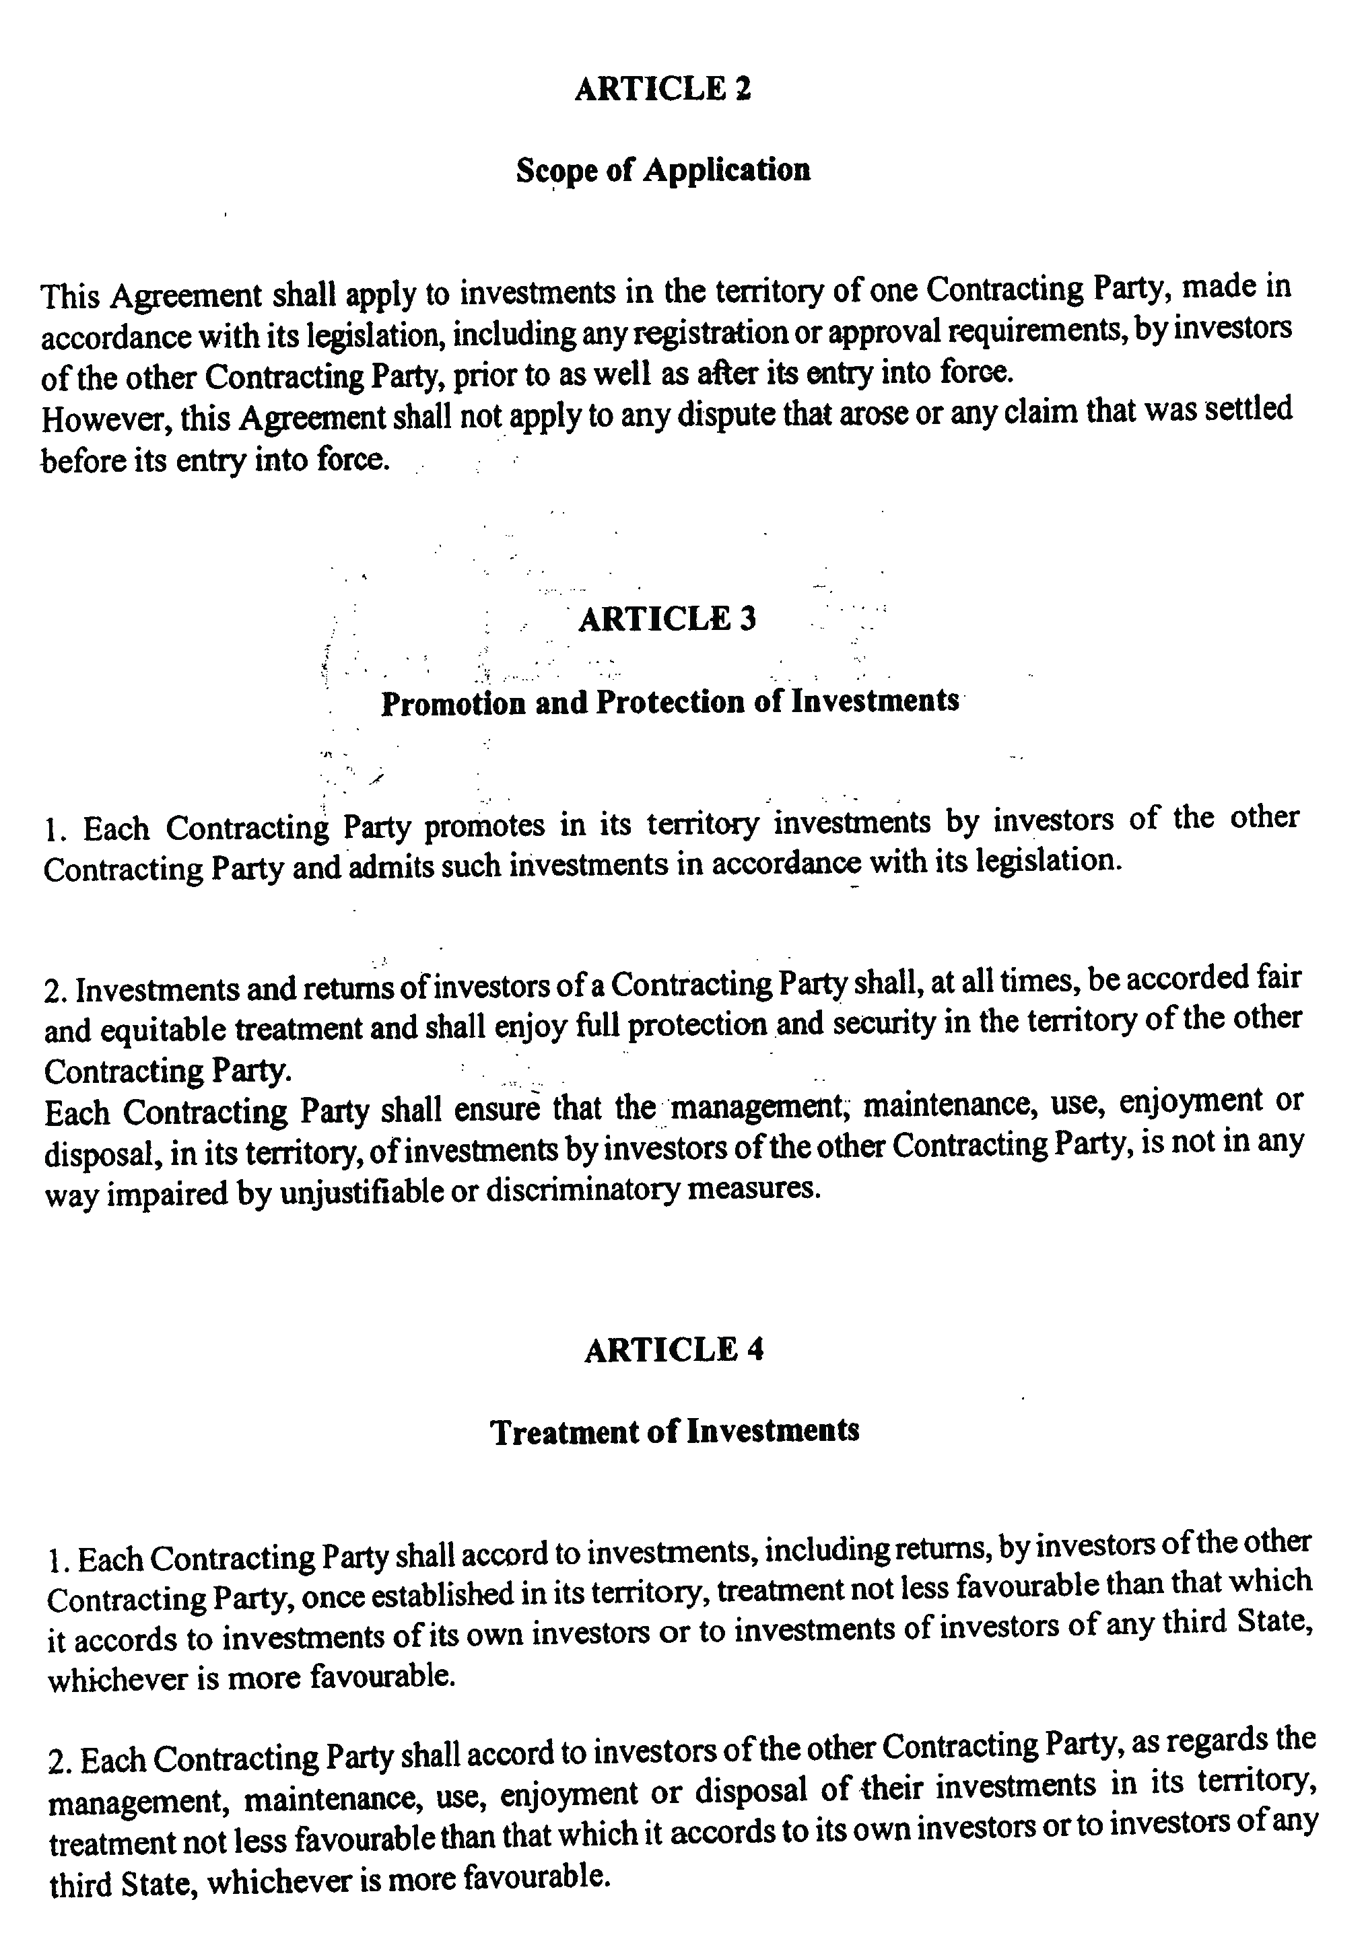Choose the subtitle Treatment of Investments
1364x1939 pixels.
(x=675, y=1432)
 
